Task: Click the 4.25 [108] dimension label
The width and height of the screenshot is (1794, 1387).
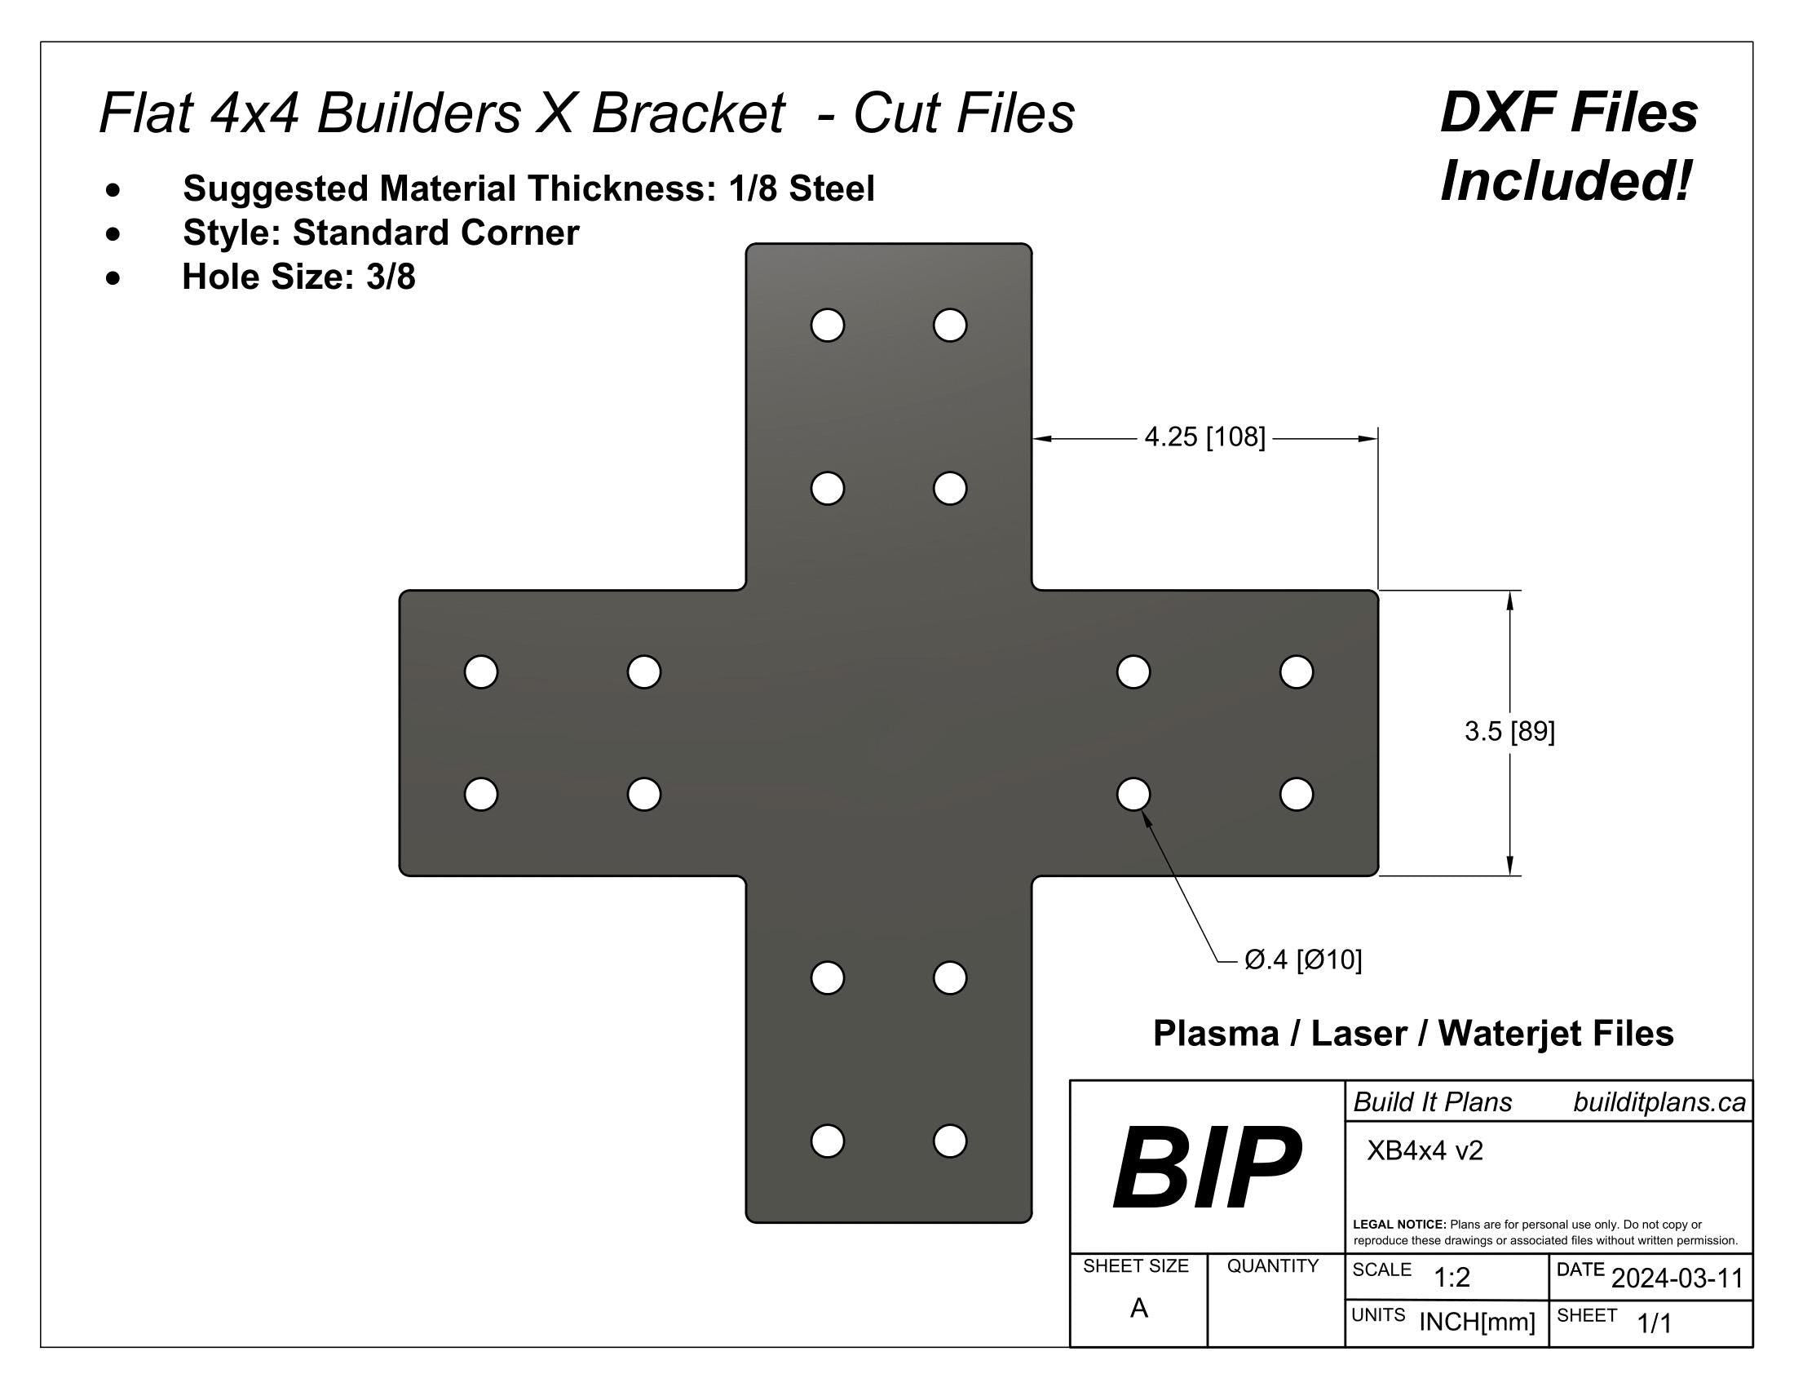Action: (x=1204, y=437)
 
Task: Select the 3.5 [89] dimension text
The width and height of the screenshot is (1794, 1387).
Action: (x=1509, y=731)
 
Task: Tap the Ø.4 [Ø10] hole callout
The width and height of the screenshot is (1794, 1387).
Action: (x=1303, y=959)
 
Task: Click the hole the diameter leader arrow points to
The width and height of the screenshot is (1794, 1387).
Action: (x=1133, y=794)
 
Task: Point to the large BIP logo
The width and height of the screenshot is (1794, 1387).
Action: (x=1206, y=1168)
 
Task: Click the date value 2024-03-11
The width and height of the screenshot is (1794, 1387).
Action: (x=1677, y=1278)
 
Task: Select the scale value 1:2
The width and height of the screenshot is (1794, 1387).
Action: (x=1452, y=1278)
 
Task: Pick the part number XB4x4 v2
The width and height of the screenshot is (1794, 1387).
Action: (x=1425, y=1150)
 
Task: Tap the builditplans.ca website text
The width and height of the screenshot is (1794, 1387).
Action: (x=1659, y=1103)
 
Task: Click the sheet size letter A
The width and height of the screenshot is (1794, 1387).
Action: (x=1138, y=1308)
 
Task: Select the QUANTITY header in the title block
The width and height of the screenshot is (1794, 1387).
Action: (x=1272, y=1266)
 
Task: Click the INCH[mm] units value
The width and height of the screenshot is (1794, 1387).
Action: (x=1477, y=1322)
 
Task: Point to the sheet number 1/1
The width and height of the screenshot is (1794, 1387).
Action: (x=1655, y=1323)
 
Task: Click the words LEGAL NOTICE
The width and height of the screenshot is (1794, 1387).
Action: (x=1399, y=1225)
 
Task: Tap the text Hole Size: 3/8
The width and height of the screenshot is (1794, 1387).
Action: (x=299, y=277)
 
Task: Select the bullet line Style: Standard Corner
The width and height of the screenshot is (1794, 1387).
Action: (x=381, y=233)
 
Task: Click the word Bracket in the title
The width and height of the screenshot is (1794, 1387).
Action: (x=687, y=113)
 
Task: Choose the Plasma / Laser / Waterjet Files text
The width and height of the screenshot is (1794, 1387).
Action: (x=1413, y=1034)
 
